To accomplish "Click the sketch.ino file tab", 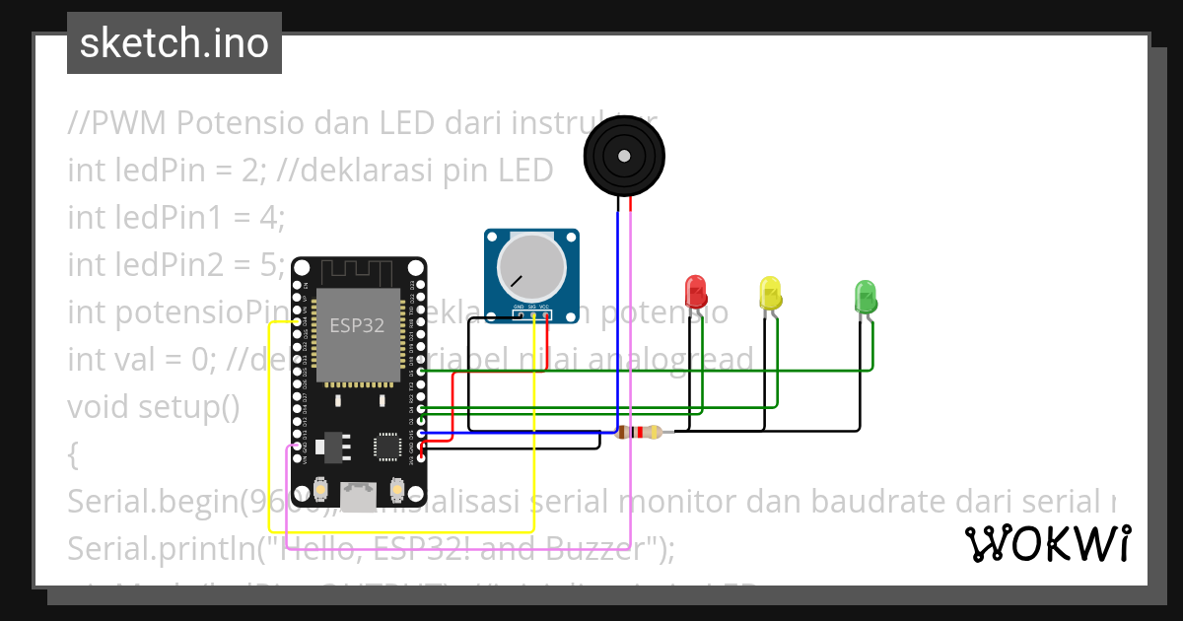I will [x=174, y=43].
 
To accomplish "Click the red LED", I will [x=696, y=292].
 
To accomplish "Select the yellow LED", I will [x=770, y=293].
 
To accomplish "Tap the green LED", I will [x=865, y=296].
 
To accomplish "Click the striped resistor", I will [x=645, y=432].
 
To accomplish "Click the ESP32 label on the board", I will [x=357, y=325].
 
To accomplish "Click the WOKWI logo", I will [x=1047, y=543].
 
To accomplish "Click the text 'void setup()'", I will [x=153, y=406].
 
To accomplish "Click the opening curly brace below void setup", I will [x=73, y=454].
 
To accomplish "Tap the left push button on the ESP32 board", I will [x=320, y=489].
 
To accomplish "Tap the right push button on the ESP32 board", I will [x=397, y=489].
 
